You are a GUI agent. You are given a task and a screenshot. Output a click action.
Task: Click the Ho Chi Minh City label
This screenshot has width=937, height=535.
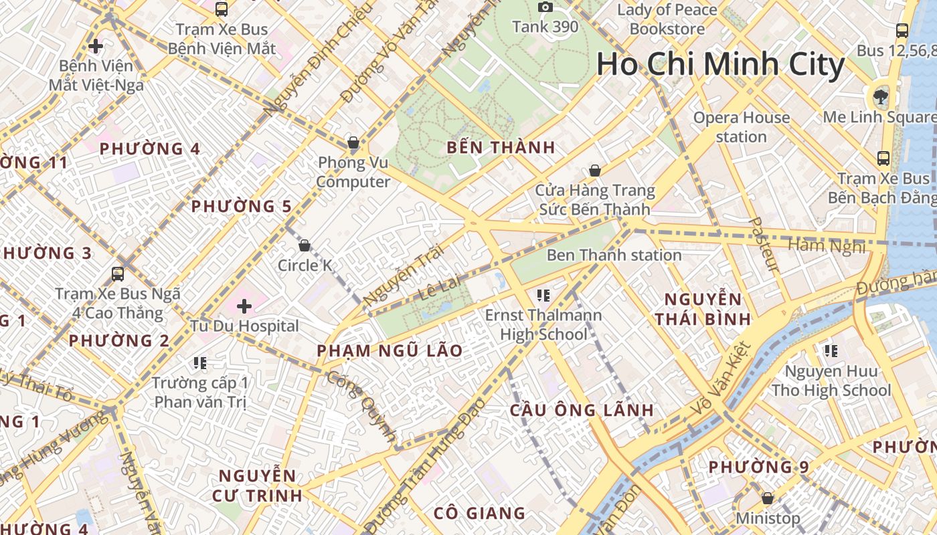pyautogui.click(x=720, y=65)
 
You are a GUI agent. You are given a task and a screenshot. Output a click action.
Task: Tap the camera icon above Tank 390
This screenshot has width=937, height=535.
pyautogui.click(x=545, y=7)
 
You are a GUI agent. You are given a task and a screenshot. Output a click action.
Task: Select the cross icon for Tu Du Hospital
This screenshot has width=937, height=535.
pyautogui.click(x=244, y=306)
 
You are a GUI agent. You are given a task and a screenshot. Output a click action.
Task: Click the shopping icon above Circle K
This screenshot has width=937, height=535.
pyautogui.click(x=305, y=245)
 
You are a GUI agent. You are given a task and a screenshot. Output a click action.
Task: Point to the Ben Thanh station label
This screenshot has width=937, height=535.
pyautogui.click(x=614, y=255)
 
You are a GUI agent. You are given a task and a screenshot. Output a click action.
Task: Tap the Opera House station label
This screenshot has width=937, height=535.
pyautogui.click(x=741, y=127)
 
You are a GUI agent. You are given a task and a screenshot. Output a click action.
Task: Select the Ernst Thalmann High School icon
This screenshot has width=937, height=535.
pyautogui.click(x=543, y=295)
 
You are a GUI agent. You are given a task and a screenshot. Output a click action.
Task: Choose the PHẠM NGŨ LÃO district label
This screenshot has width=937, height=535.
pyautogui.click(x=390, y=350)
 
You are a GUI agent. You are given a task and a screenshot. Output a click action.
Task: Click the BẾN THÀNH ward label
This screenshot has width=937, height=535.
pyautogui.click(x=501, y=148)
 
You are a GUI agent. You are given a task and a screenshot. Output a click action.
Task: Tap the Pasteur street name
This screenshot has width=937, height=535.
pyautogui.click(x=764, y=244)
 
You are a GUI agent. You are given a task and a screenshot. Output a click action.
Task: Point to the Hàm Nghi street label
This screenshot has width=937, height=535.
pyautogui.click(x=826, y=246)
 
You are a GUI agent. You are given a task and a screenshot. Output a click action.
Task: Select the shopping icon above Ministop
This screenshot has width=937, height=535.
pyautogui.click(x=768, y=498)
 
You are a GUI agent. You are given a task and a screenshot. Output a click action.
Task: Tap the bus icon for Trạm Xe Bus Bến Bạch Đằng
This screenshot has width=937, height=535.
pyautogui.click(x=883, y=158)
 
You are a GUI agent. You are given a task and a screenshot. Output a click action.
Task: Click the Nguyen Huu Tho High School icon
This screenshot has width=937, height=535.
pyautogui.click(x=831, y=351)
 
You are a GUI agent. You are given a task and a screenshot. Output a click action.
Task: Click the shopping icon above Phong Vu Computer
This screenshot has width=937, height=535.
pyautogui.click(x=353, y=142)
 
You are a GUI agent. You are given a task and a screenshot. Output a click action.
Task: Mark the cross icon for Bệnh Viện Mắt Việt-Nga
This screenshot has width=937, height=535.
pyautogui.click(x=96, y=46)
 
